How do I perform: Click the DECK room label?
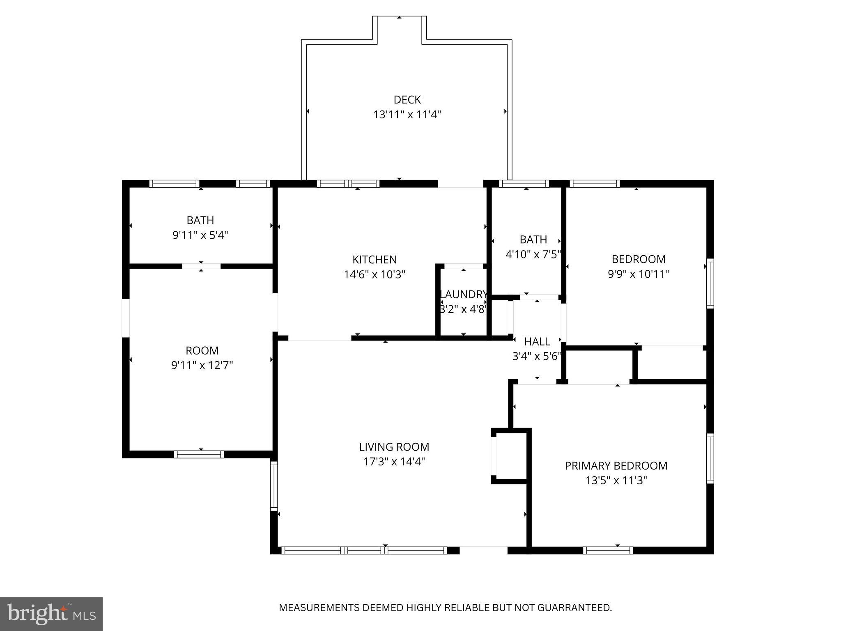(x=407, y=100)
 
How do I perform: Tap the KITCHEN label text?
(x=375, y=260)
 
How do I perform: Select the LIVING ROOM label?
(x=394, y=447)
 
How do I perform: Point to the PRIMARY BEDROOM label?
(x=616, y=466)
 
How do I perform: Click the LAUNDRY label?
(x=464, y=295)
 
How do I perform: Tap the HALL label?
(x=537, y=342)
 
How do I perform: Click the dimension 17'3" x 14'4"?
(x=394, y=462)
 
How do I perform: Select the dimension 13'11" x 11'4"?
(x=407, y=115)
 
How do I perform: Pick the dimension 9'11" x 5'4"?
(x=200, y=235)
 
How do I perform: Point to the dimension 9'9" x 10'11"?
(x=639, y=274)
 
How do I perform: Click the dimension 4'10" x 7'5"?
(x=533, y=255)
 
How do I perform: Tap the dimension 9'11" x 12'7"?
(x=202, y=366)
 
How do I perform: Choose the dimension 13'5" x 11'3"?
(x=616, y=481)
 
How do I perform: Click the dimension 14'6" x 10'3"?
(x=375, y=274)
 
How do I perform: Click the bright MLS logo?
(x=51, y=614)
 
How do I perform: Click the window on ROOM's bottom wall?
(x=199, y=454)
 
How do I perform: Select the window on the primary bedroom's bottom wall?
(x=608, y=550)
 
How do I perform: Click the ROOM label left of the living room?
(x=202, y=351)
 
